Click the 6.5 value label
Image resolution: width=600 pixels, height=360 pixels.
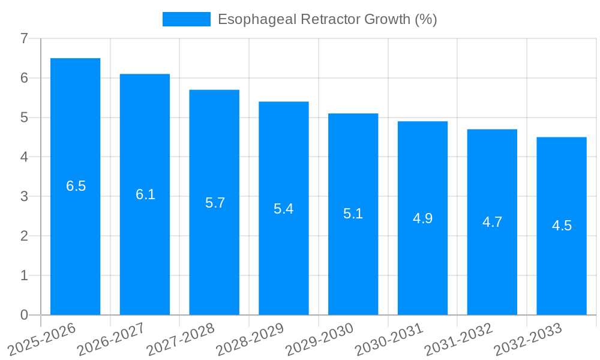[x=76, y=186]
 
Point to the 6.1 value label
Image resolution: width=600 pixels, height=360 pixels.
[x=145, y=194]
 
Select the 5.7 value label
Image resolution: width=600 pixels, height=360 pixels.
[x=215, y=202]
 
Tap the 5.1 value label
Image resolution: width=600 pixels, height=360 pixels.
[x=353, y=214]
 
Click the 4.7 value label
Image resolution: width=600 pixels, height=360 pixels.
[x=492, y=222]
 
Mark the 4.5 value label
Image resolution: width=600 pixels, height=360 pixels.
[x=562, y=226]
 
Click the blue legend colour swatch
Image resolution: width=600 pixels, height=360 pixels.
[x=186, y=19]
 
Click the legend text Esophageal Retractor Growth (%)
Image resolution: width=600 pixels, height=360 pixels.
[x=327, y=19]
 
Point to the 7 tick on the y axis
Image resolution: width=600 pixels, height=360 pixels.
[x=24, y=38]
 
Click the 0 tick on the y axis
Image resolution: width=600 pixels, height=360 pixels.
[x=24, y=315]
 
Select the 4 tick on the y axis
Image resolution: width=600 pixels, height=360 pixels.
[x=24, y=157]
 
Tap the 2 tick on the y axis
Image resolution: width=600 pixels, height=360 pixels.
[x=24, y=236]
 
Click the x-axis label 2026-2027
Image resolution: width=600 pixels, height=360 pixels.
[x=111, y=339]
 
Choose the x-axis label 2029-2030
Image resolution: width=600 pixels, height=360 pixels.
[x=319, y=339]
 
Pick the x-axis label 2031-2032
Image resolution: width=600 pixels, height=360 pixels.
[x=458, y=339]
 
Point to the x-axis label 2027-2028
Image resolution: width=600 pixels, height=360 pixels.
[x=181, y=339]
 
